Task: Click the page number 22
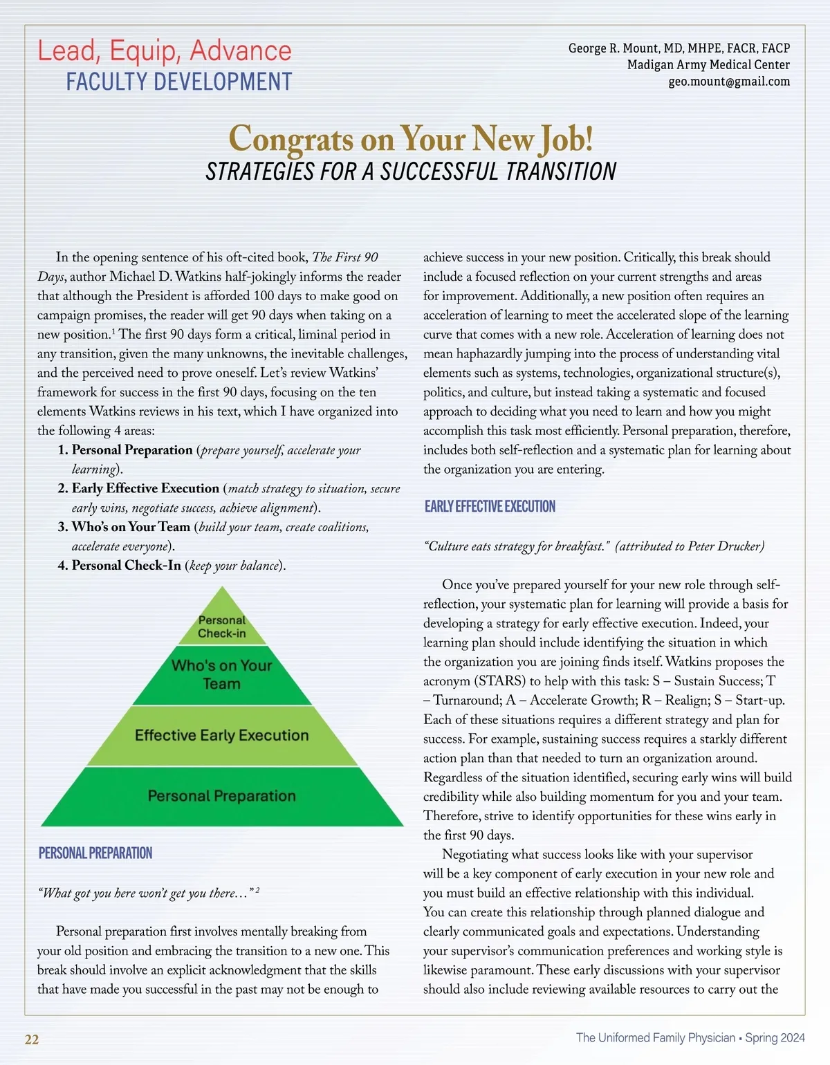32,1039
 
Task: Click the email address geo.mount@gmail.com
728,82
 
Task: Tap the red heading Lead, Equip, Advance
165,51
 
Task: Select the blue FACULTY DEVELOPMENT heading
179,82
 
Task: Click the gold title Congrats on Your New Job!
411,138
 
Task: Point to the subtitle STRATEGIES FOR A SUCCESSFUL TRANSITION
411,172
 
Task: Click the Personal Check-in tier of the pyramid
222,627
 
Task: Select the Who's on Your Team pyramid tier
222,674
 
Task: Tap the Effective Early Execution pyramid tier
222,735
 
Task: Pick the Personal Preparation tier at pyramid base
222,796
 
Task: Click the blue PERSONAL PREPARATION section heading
95,853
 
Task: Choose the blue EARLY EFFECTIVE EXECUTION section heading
490,506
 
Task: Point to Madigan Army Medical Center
708,65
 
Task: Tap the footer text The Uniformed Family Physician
655,1037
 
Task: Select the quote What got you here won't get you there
145,893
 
